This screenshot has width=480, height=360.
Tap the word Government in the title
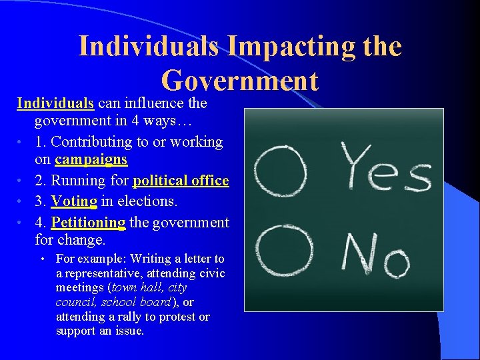click(240, 81)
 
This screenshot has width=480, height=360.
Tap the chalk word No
click(375, 255)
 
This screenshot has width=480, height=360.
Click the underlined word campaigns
click(91, 160)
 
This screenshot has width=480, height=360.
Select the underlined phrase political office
click(181, 181)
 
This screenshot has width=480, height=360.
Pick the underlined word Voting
click(74, 201)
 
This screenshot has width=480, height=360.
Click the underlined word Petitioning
click(88, 222)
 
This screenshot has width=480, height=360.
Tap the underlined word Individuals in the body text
click(55, 103)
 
